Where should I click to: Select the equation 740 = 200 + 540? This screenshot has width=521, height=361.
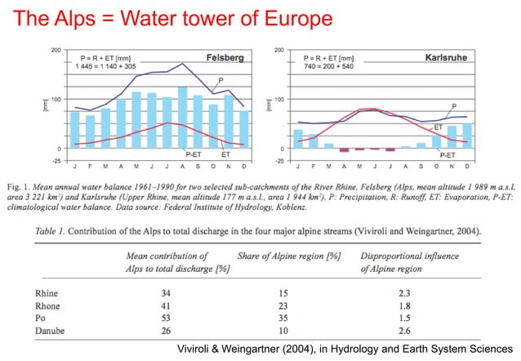point(337,69)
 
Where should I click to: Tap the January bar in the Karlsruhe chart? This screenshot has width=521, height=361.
point(298,138)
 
